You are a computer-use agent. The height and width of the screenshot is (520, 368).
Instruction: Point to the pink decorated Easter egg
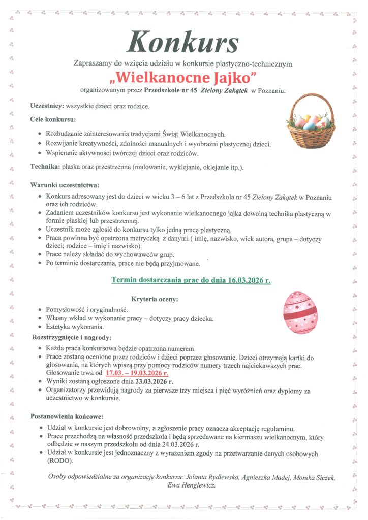click(x=300, y=312)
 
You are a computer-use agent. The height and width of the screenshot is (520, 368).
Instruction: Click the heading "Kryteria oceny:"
click(x=154, y=299)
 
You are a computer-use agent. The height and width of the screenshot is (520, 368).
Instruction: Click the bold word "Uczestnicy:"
click(x=46, y=106)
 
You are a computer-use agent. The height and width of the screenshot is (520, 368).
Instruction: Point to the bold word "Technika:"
click(x=45, y=166)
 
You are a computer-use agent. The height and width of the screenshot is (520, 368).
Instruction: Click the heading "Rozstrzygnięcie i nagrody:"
click(x=72, y=337)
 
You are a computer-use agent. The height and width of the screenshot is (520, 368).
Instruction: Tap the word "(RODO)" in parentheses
click(x=59, y=461)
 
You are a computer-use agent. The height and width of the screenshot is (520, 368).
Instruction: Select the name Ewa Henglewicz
click(x=191, y=485)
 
